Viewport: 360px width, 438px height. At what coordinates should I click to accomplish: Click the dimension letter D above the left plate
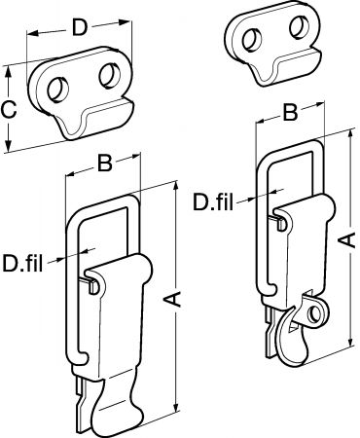coord(80,28)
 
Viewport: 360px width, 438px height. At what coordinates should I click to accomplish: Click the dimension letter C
coord(8,110)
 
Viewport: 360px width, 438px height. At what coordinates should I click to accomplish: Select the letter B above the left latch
coord(105,164)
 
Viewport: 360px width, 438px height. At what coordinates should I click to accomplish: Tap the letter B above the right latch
coord(290,113)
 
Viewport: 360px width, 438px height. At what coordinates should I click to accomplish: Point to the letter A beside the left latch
coord(175,299)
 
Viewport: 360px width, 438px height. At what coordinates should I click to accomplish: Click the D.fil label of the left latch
coord(22,264)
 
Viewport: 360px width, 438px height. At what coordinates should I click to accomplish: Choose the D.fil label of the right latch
coord(213,201)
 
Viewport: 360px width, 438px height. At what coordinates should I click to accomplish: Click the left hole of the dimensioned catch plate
coord(58,89)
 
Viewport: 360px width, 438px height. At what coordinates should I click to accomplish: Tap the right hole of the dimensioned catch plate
coord(110,76)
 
